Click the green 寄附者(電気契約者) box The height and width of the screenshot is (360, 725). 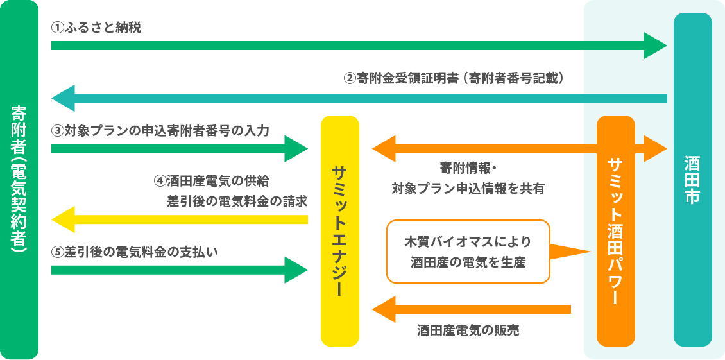point(19,180)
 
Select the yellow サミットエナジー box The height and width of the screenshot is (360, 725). point(339,231)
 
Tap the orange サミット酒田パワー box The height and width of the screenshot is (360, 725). point(615,231)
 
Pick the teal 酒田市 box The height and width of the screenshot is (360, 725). point(692,180)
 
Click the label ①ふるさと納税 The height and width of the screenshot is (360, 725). point(96,28)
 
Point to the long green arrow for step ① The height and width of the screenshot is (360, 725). point(353,46)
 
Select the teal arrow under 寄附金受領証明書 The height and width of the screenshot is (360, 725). point(359,98)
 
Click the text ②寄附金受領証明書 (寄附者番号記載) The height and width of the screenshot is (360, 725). point(454,78)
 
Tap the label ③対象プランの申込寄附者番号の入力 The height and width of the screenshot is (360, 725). point(160,130)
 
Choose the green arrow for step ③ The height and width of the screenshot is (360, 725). point(173,149)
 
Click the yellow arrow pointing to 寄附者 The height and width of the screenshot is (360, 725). point(180,219)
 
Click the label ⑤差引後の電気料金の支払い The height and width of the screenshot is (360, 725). point(135,252)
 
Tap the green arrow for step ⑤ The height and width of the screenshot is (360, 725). point(173,270)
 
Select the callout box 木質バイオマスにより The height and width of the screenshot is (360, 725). point(468,252)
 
